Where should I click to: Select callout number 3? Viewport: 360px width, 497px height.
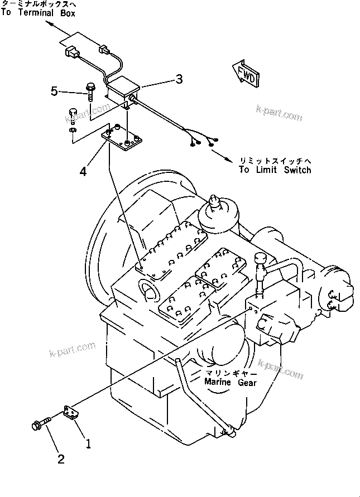179,80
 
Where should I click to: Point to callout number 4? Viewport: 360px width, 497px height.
83,171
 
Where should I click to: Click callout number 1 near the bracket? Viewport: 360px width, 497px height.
87,445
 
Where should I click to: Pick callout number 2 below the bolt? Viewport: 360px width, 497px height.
61,459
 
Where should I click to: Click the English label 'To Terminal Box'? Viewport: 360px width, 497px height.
37,13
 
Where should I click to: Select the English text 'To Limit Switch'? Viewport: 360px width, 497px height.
275,170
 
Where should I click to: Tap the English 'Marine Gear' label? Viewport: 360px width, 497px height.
230,383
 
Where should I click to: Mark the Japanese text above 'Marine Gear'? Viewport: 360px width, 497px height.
231,373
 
